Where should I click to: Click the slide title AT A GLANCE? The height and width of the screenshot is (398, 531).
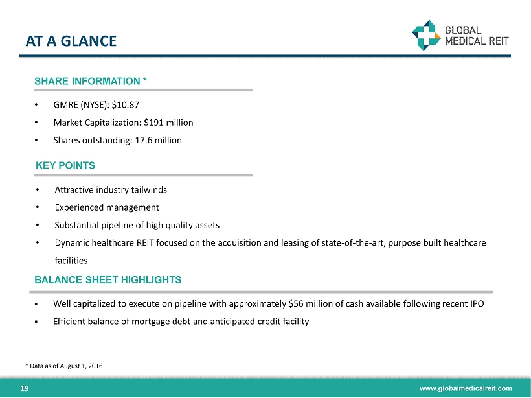71,41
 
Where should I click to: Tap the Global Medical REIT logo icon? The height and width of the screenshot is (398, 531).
425,34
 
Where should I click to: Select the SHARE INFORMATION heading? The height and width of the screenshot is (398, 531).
91,81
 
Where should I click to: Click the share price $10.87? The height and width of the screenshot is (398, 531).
125,104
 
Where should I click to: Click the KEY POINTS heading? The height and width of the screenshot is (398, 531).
65,165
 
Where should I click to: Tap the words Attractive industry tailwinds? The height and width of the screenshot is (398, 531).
111,190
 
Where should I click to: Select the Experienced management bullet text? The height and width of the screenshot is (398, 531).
107,207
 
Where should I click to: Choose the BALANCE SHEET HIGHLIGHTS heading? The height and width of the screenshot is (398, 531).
108,280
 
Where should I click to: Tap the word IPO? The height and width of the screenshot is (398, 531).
476,303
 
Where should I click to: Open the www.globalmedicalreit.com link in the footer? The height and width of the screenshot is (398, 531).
466,388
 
